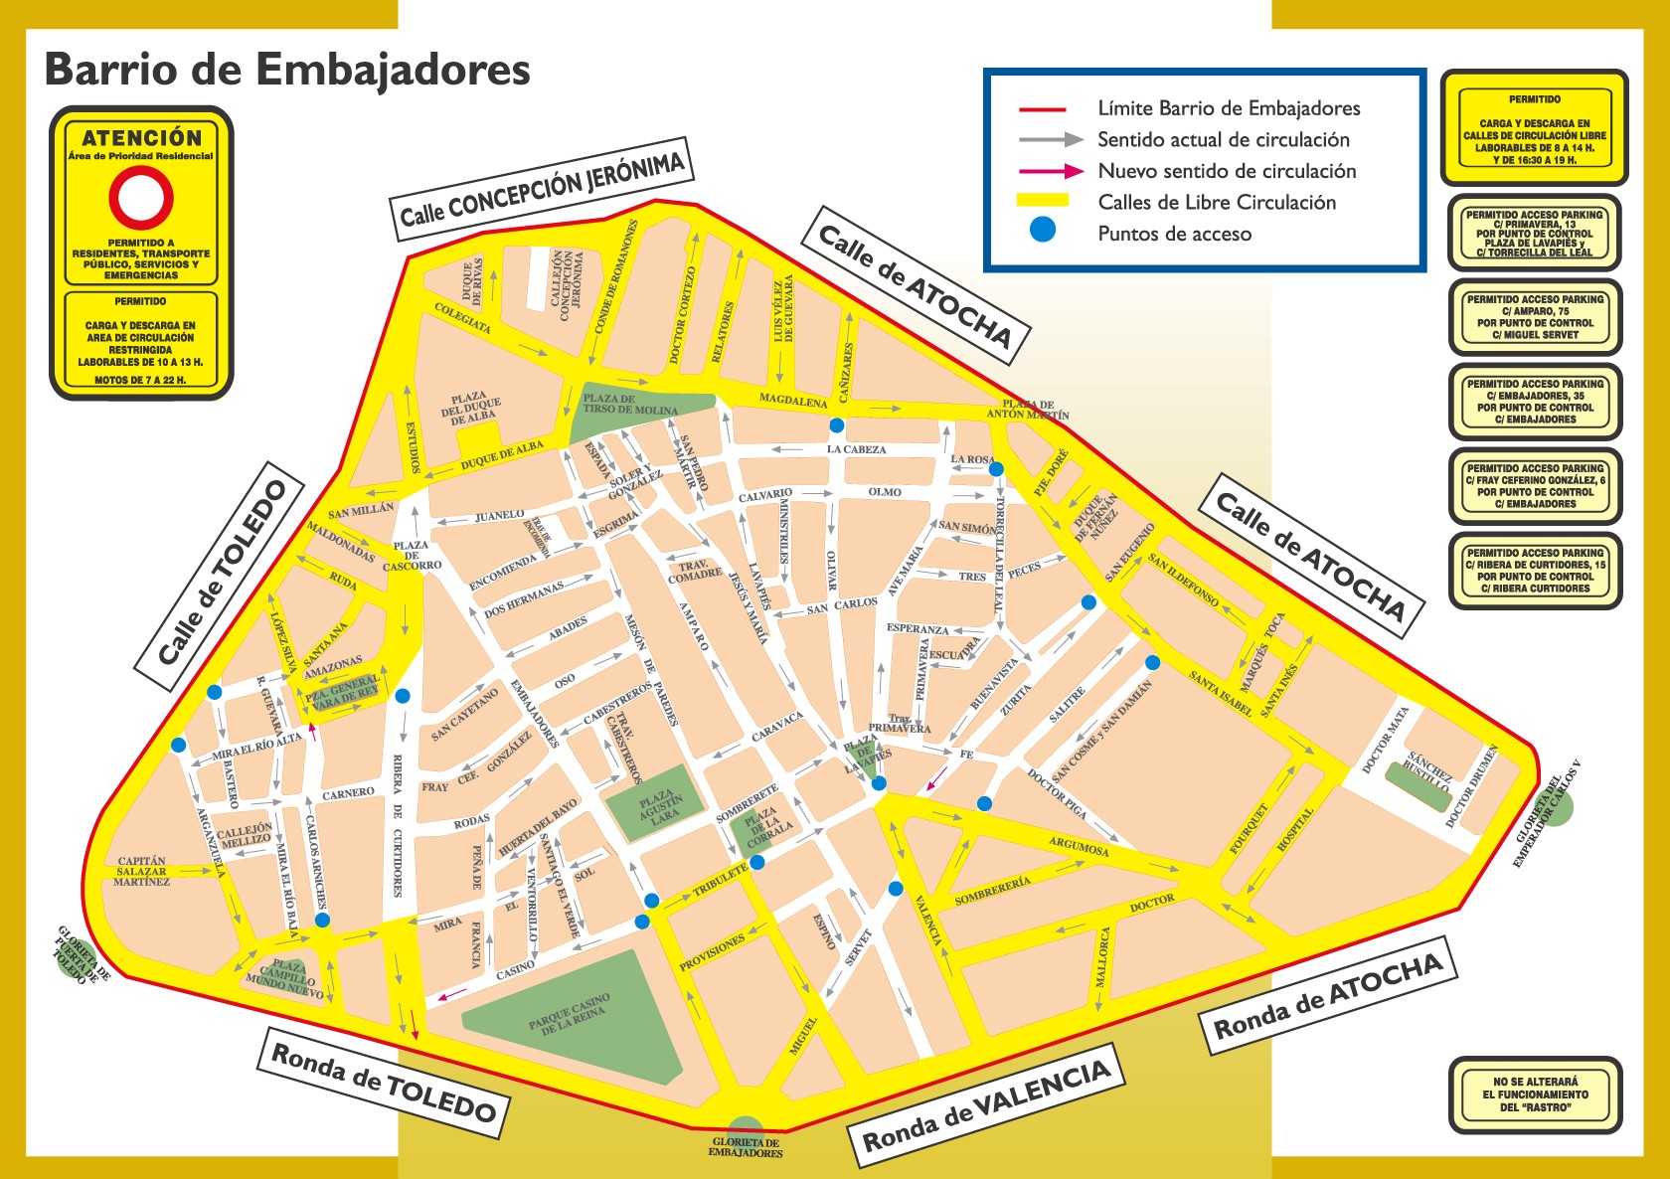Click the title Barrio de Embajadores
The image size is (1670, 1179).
pos(287,70)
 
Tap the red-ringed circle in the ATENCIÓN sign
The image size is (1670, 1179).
pos(141,198)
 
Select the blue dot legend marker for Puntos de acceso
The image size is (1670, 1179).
pos(1042,231)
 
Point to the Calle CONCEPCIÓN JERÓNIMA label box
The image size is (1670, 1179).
pos(541,188)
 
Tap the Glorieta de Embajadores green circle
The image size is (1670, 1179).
pos(746,1133)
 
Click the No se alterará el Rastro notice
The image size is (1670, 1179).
pos(1535,1095)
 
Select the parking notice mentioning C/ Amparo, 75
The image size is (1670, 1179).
pos(1535,317)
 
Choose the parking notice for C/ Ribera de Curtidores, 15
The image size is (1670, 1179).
pos(1535,571)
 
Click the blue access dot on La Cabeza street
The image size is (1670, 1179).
pos(837,425)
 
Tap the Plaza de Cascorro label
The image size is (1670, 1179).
pos(412,556)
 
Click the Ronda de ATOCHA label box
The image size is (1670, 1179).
pos(1328,996)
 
